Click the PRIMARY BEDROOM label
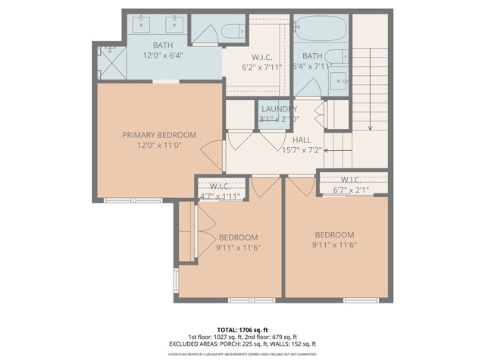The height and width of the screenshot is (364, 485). (159, 135)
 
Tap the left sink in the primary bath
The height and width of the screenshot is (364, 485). (143, 27)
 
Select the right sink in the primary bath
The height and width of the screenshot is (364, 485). (174, 27)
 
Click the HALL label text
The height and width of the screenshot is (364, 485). (302, 140)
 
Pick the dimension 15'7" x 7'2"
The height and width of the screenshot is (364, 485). (302, 150)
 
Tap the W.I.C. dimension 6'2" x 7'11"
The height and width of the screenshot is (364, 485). (256, 67)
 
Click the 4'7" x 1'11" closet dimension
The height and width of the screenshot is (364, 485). (219, 196)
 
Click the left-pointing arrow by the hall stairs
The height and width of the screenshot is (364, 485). (327, 150)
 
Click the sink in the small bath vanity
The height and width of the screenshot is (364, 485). (341, 78)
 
